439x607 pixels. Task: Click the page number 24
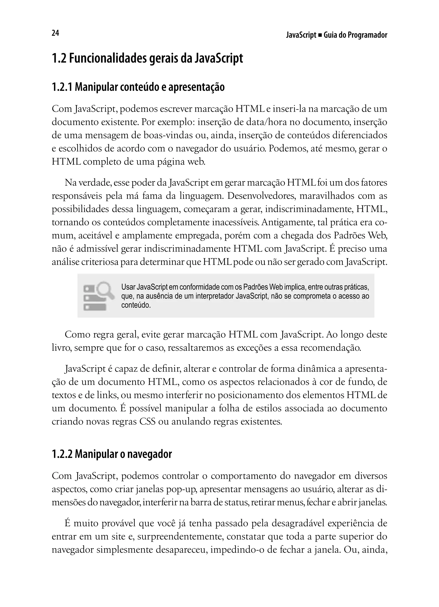[x=55, y=33]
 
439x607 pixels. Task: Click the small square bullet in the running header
[x=320, y=35]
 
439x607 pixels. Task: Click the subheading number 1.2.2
[x=62, y=454]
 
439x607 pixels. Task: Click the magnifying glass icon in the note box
[x=106, y=290]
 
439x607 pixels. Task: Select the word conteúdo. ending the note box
[x=136, y=305]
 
